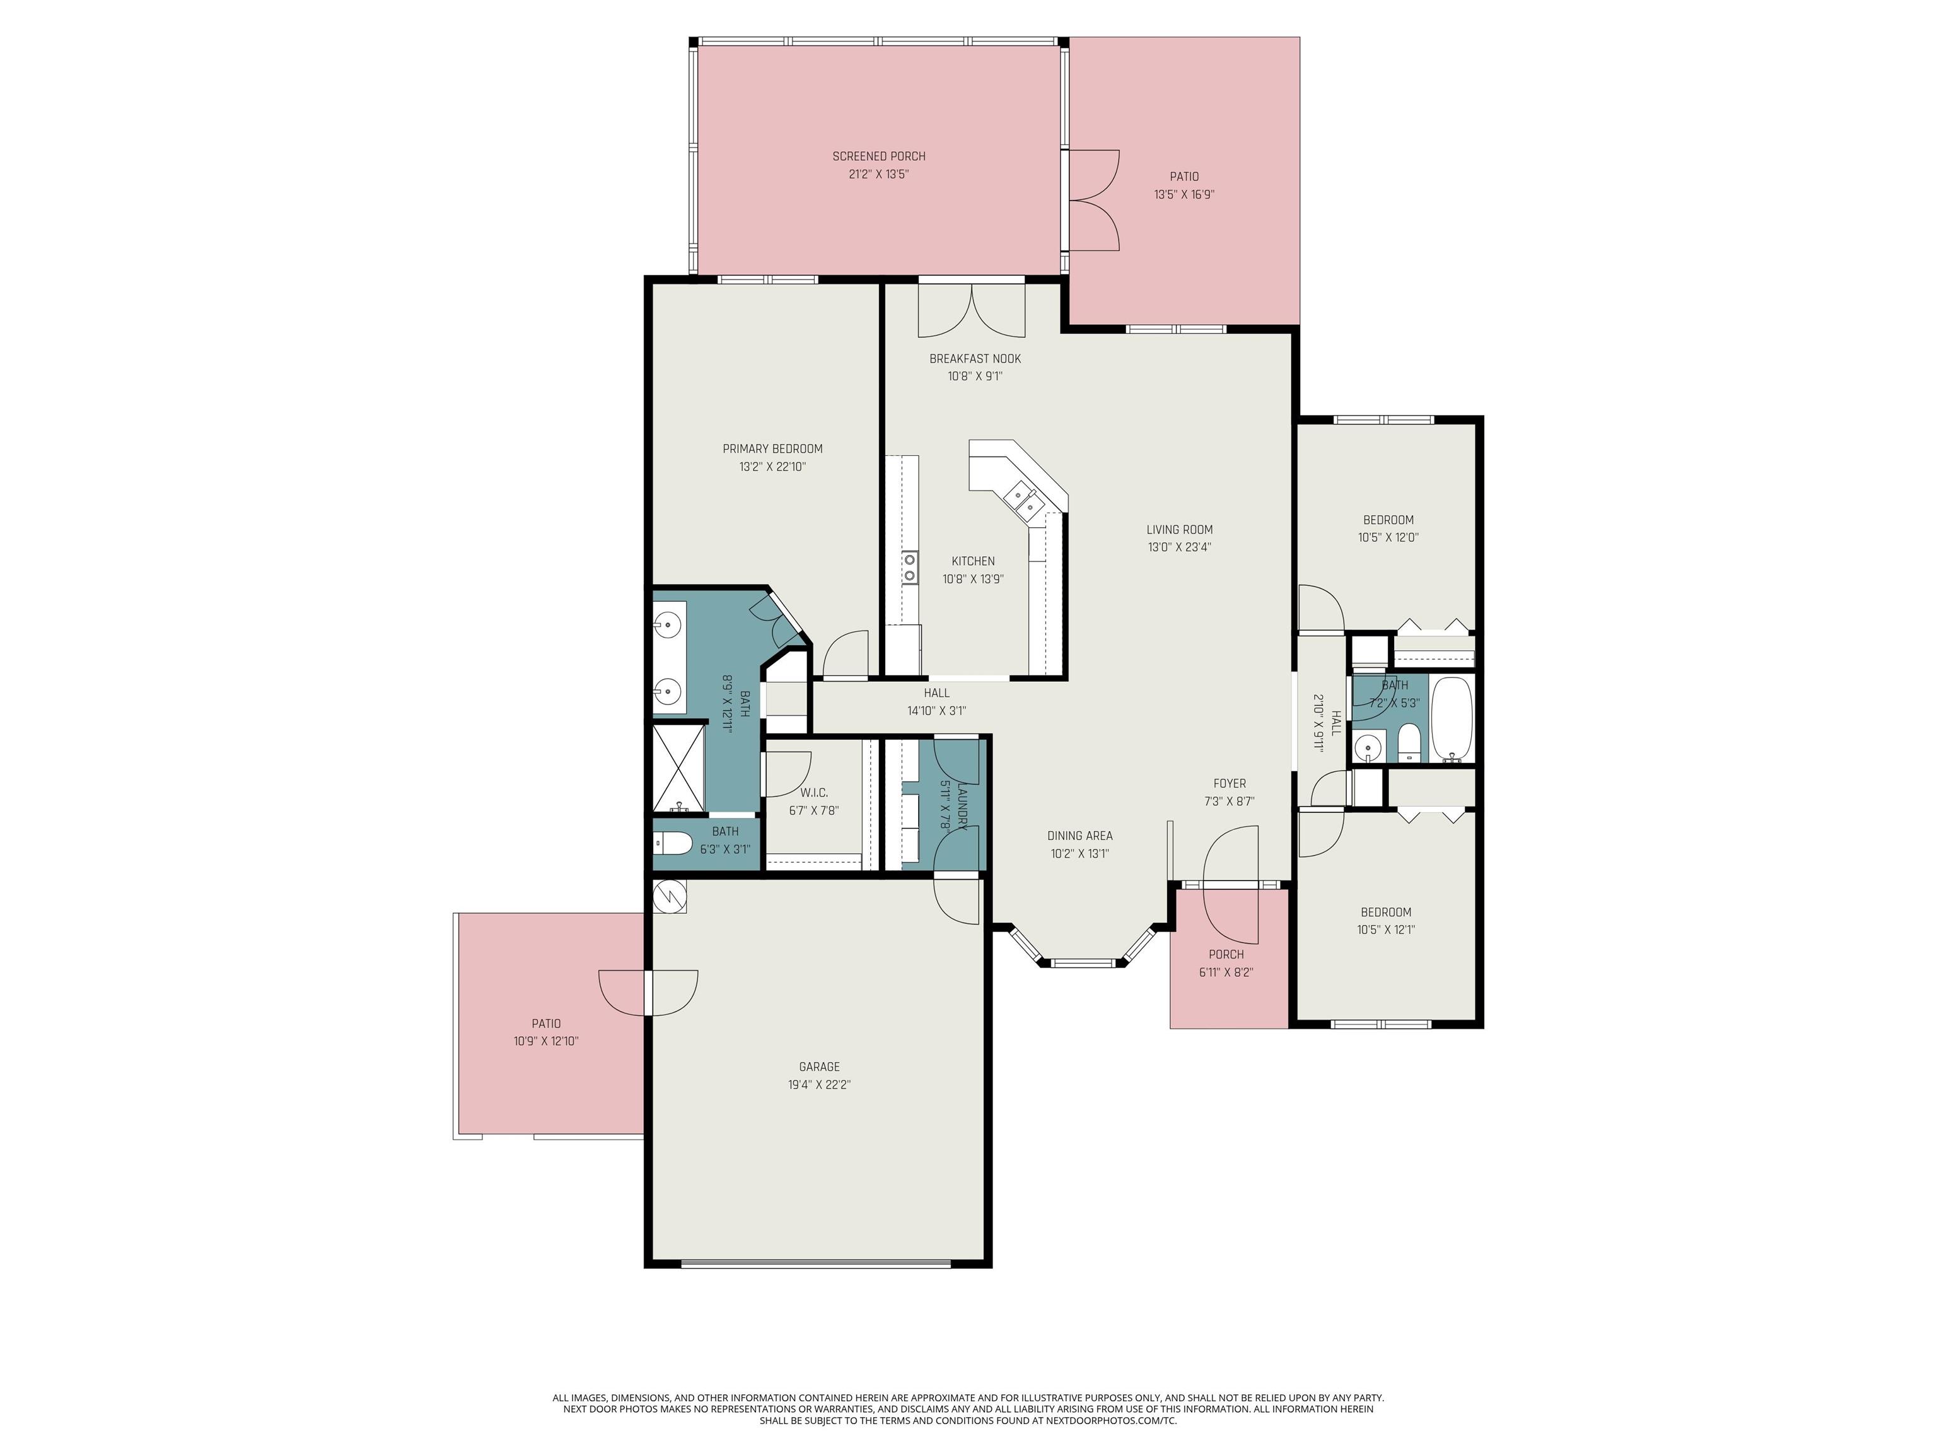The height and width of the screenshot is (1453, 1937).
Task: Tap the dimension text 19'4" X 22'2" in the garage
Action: pyautogui.click(x=819, y=1084)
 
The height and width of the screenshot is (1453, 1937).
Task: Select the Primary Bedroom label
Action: pyautogui.click(x=772, y=449)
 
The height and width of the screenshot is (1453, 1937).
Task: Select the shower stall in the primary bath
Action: pyautogui.click(x=680, y=767)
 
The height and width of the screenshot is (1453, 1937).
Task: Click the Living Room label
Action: pyautogui.click(x=1178, y=530)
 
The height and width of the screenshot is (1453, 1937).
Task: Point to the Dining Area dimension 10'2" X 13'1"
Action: pyautogui.click(x=1079, y=854)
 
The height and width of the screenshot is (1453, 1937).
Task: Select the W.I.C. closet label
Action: pyautogui.click(x=813, y=793)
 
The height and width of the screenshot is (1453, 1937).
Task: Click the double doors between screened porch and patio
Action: pyautogui.click(x=1093, y=201)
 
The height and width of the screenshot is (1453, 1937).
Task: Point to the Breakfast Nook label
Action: pyautogui.click(x=975, y=359)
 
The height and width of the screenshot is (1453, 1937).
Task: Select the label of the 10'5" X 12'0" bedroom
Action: pyautogui.click(x=1388, y=520)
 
